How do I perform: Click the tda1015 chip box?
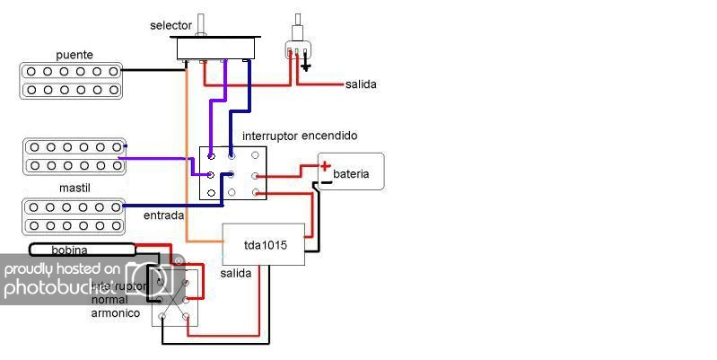tap(263, 243)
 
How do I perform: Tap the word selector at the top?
tap(171, 25)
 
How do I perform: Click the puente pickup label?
tap(74, 54)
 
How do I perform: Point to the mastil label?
tap(75, 189)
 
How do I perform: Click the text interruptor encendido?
tap(300, 136)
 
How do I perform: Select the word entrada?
tap(164, 215)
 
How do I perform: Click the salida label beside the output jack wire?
tap(361, 84)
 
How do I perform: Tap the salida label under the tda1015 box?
tap(236, 273)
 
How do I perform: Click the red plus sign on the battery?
tap(326, 166)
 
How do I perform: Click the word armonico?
tap(115, 313)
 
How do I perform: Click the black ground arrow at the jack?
tap(306, 65)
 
